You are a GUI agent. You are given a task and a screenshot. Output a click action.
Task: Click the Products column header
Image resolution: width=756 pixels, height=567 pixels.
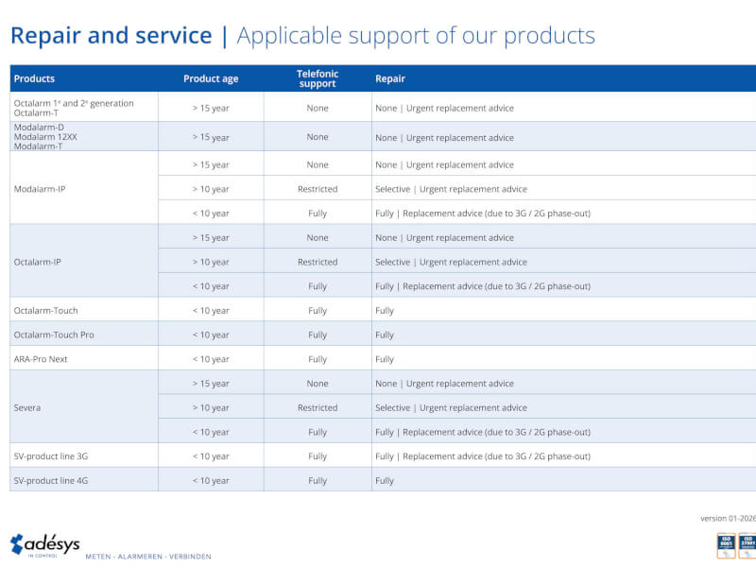click(34, 78)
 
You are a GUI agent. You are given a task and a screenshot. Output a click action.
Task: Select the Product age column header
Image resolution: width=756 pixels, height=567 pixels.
click(211, 78)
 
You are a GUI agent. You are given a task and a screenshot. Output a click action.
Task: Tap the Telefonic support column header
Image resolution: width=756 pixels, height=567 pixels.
click(318, 78)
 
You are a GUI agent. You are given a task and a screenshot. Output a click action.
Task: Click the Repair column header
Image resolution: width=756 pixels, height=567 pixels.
click(390, 78)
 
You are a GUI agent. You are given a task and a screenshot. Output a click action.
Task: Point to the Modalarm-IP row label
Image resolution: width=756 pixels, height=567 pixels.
click(40, 189)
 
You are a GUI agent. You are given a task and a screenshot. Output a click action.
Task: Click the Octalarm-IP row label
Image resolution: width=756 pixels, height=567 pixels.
click(38, 262)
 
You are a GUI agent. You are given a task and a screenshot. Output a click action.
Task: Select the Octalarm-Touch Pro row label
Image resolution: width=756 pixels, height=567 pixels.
click(54, 335)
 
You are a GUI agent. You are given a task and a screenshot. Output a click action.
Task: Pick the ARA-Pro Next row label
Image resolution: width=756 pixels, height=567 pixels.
click(41, 359)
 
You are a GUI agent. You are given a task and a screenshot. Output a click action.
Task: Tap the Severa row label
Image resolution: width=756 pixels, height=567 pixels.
click(27, 407)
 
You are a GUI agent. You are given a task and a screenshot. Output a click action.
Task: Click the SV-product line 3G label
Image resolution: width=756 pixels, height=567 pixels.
click(51, 456)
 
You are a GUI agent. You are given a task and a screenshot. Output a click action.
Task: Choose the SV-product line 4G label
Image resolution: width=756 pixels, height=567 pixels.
click(51, 480)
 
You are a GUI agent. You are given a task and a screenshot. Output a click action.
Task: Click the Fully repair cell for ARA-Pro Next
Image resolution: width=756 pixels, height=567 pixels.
click(385, 359)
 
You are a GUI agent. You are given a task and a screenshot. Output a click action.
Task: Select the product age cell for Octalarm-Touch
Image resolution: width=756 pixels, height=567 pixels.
click(211, 310)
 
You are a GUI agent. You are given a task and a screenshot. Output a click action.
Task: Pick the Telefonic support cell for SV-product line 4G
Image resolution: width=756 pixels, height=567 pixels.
click(318, 480)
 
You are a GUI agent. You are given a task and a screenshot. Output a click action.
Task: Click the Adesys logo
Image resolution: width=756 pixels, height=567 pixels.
click(44, 545)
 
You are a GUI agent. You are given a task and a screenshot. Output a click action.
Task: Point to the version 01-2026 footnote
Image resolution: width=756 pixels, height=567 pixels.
click(728, 518)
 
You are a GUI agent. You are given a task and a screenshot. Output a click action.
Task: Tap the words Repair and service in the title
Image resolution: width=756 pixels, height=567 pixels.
click(111, 36)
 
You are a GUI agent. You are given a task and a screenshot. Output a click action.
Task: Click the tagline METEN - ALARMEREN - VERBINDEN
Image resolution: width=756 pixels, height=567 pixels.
click(148, 556)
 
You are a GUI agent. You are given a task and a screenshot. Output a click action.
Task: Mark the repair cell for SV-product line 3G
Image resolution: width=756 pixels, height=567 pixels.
click(482, 456)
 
